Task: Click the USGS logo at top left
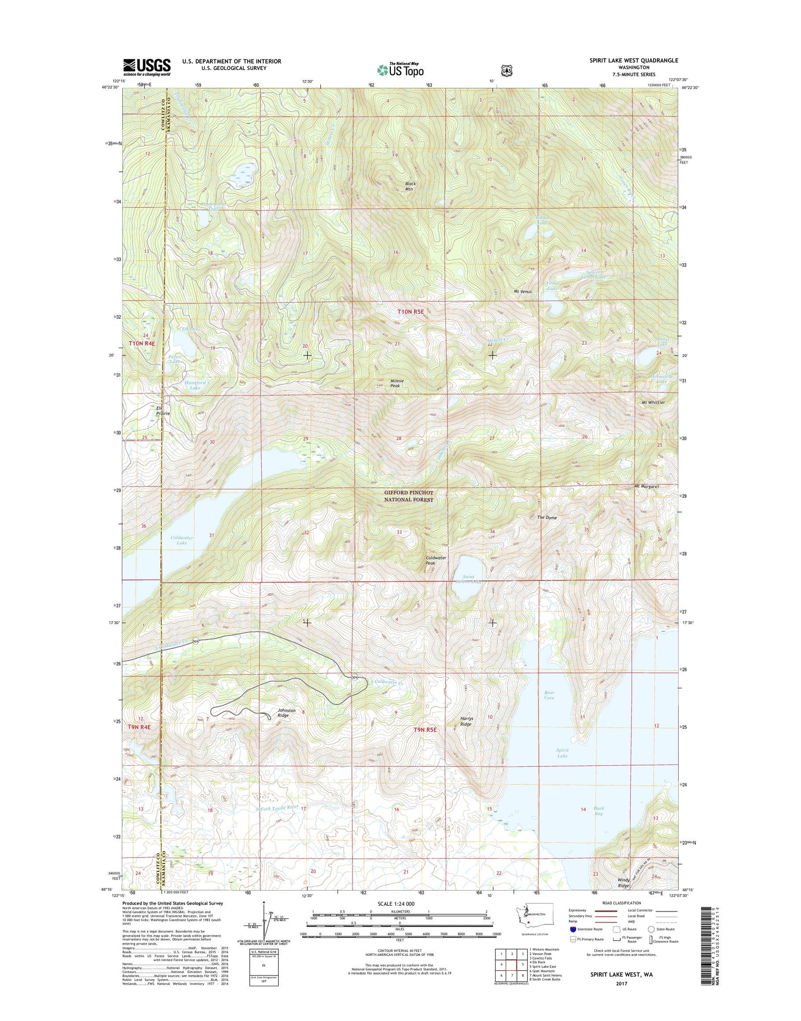click(x=147, y=67)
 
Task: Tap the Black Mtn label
click(x=410, y=186)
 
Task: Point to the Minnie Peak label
click(x=396, y=383)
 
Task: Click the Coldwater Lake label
click(x=182, y=540)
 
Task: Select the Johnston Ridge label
click(x=286, y=713)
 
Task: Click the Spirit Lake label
click(x=562, y=753)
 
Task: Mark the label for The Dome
click(x=547, y=517)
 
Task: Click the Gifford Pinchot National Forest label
click(x=409, y=496)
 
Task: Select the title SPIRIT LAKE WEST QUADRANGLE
click(x=633, y=60)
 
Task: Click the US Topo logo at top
click(x=400, y=69)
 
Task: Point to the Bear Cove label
click(x=549, y=695)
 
